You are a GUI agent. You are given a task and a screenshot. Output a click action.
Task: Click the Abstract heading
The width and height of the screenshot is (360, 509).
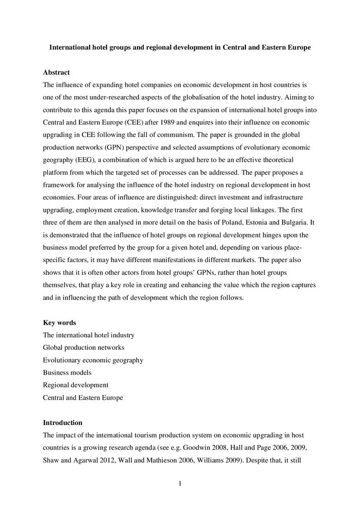pos(56,73)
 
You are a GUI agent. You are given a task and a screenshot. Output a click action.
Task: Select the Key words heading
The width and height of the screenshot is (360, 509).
pos(60,323)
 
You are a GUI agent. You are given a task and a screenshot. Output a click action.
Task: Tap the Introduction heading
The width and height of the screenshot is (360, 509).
pos(62,422)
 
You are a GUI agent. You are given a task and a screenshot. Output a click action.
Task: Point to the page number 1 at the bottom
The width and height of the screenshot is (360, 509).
pos(180,484)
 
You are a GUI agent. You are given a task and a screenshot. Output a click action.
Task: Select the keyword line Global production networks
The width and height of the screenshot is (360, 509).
pos(84,348)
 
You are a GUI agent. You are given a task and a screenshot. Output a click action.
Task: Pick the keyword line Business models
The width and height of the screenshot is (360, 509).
pos(67,373)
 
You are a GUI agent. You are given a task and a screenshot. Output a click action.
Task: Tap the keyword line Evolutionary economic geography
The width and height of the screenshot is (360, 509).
pos(93,360)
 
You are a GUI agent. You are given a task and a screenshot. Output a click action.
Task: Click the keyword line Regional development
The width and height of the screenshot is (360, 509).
pos(75,385)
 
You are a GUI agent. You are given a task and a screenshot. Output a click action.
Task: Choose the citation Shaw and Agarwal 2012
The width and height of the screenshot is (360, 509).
pos(74,460)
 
